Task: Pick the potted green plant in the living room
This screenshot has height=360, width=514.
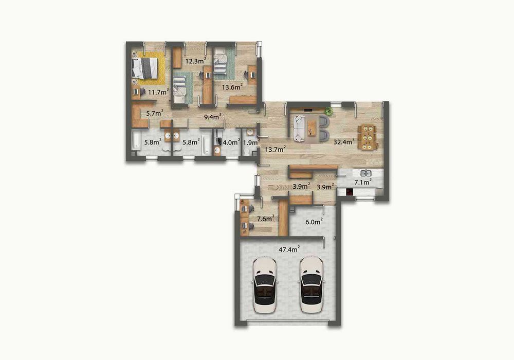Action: pyautogui.click(x=328, y=111)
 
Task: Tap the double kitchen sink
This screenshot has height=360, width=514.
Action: pyautogui.click(x=366, y=173)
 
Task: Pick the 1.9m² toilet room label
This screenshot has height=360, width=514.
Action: pyautogui.click(x=251, y=142)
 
